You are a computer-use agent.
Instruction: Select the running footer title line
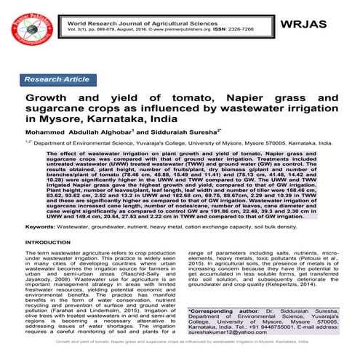coord(180,352)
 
